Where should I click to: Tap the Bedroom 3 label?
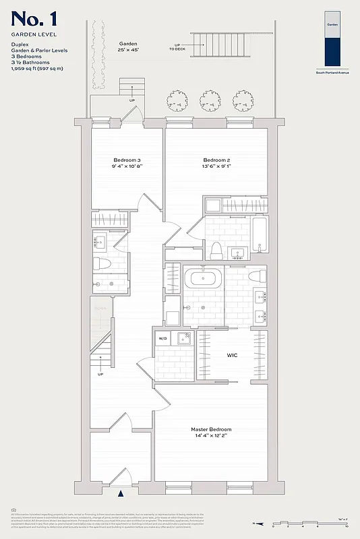pyautogui.click(x=127, y=160)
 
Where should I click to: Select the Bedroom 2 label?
pyautogui.click(x=217, y=160)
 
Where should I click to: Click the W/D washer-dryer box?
pyautogui.click(x=162, y=338)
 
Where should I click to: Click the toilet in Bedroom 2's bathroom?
pyautogui.click(x=216, y=250)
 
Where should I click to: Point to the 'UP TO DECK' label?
pyautogui.click(x=177, y=46)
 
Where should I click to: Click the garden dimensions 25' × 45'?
pyautogui.click(x=127, y=50)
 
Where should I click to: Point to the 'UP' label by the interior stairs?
pyautogui.click(x=100, y=374)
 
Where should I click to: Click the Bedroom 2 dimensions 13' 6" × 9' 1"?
pyautogui.click(x=217, y=167)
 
